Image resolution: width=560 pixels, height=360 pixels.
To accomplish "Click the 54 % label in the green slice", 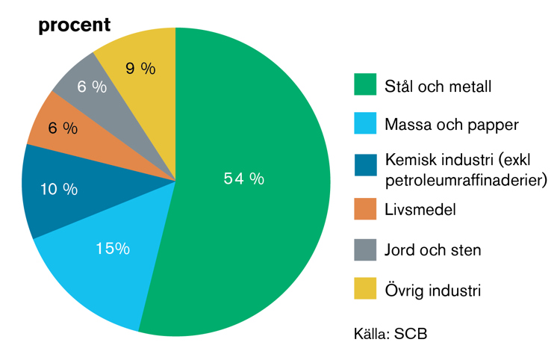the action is [244, 179].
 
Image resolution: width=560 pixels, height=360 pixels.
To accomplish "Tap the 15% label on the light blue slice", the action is [113, 248].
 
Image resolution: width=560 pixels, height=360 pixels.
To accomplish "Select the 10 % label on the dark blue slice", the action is [59, 189].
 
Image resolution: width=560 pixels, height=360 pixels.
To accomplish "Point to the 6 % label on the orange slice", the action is [63, 128].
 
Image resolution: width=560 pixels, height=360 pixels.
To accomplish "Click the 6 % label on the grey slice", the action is [92, 87].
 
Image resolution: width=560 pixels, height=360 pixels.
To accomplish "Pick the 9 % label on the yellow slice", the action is [140, 68].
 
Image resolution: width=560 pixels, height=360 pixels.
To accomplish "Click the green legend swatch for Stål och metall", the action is [365, 84].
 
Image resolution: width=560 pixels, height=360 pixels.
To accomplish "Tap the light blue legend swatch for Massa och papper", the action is [365, 123].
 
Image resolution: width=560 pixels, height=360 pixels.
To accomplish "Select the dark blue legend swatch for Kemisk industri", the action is [365, 165].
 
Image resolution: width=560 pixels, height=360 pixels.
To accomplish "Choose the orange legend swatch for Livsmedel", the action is [365, 209].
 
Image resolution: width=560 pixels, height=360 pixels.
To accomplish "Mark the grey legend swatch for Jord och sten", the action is [365, 249].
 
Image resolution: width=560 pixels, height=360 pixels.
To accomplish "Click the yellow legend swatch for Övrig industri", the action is [365, 288].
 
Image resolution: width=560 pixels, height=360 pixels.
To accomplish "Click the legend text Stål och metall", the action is [438, 86].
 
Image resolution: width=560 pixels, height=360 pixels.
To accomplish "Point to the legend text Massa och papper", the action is [452, 125].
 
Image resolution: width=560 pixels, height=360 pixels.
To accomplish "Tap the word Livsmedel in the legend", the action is [420, 209].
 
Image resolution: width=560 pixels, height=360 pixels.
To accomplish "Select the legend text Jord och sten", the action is [433, 249].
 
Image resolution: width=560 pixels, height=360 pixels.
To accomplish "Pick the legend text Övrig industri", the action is [433, 290].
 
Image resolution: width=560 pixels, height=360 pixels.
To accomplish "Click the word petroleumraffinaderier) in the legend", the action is [466, 180].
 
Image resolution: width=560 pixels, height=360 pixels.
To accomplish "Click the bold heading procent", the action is [75, 25].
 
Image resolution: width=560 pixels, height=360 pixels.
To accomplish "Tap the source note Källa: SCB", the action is [391, 334].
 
